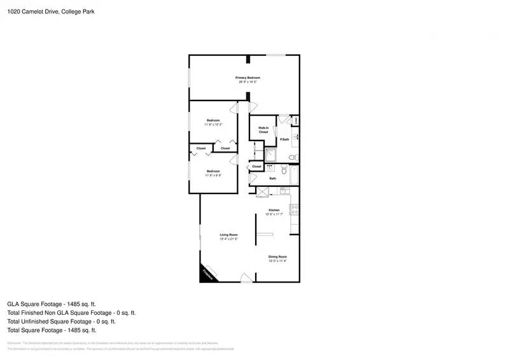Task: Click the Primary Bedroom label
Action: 249,78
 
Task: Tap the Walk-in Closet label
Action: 263,130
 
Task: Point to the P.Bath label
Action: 284,139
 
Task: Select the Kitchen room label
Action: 274,210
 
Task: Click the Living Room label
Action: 228,235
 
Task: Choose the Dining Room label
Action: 277,256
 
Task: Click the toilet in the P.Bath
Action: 292,156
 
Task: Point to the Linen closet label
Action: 295,120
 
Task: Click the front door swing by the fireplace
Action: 246,277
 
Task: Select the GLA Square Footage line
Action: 52,304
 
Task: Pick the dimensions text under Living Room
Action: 228,239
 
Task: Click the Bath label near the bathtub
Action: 272,178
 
